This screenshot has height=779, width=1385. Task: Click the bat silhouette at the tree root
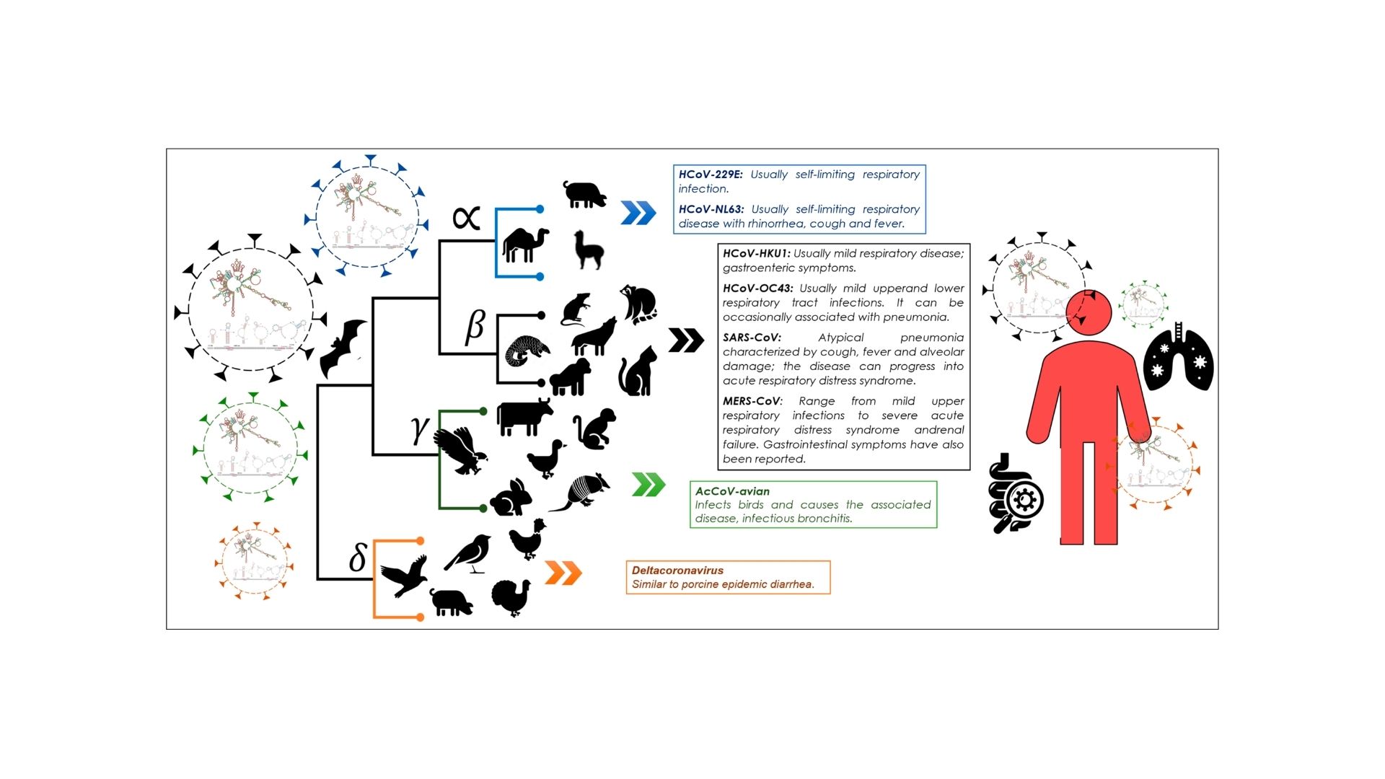343,348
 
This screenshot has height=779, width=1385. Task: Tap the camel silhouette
524,245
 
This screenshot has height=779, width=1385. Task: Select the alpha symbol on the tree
466,217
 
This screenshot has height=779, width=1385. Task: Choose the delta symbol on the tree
357,558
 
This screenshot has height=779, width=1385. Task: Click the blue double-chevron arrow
638,213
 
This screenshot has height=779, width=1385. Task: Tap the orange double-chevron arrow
563,573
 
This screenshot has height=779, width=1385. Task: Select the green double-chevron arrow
648,485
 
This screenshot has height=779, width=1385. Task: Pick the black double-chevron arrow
686,340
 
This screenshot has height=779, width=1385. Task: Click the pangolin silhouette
526,351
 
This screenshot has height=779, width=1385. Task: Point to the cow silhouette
524,418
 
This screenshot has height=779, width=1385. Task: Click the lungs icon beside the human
1179,359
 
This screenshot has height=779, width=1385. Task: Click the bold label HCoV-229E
710,175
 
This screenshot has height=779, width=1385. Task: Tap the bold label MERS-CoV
752,401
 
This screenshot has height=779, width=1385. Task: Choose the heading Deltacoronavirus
677,570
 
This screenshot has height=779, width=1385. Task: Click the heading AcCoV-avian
732,491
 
